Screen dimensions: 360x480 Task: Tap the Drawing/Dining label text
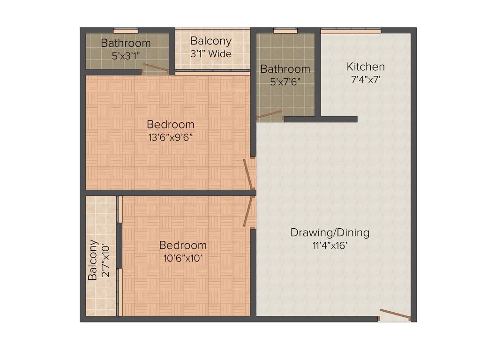pos(330,232)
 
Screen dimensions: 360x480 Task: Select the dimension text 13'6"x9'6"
pos(170,137)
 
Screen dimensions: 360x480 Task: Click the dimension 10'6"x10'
pos(183,258)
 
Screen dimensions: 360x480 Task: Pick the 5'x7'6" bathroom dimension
pos(285,81)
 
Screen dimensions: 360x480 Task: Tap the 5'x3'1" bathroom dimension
pos(126,55)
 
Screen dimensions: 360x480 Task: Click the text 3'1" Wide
pos(210,53)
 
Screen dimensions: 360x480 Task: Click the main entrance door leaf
pos(395,315)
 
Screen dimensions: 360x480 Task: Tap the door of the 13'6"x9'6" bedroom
pos(248,174)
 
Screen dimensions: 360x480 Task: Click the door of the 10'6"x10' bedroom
pos(248,211)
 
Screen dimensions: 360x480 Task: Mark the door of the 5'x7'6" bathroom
pos(270,115)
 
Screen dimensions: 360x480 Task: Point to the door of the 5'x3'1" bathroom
pos(156,68)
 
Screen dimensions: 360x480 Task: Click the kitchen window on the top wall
pos(351,31)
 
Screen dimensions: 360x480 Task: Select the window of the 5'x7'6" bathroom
pos(285,31)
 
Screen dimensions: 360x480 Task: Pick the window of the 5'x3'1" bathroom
pos(126,31)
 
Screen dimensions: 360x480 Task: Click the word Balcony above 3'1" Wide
pos(210,41)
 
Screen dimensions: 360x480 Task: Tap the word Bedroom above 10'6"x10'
pos(183,245)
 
